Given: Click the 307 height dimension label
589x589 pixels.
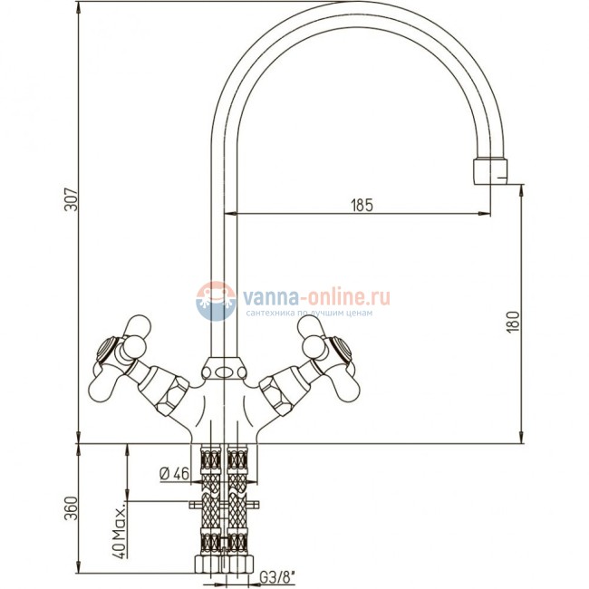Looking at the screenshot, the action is pyautogui.click(x=72, y=199).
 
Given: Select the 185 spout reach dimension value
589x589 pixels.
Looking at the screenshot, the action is pyautogui.click(x=362, y=205).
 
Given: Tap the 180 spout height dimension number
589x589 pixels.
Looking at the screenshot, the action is pyautogui.click(x=513, y=321).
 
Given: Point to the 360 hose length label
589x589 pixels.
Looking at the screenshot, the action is pyautogui.click(x=72, y=508).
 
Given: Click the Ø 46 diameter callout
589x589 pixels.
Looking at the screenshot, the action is pyautogui.click(x=175, y=474).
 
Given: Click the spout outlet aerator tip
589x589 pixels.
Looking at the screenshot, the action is pyautogui.click(x=490, y=172).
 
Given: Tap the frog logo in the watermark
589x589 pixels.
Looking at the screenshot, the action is pyautogui.click(x=216, y=301).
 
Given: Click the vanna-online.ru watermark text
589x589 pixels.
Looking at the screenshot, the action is pyautogui.click(x=316, y=298).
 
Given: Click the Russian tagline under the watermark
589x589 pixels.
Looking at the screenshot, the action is pyautogui.click(x=309, y=313).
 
